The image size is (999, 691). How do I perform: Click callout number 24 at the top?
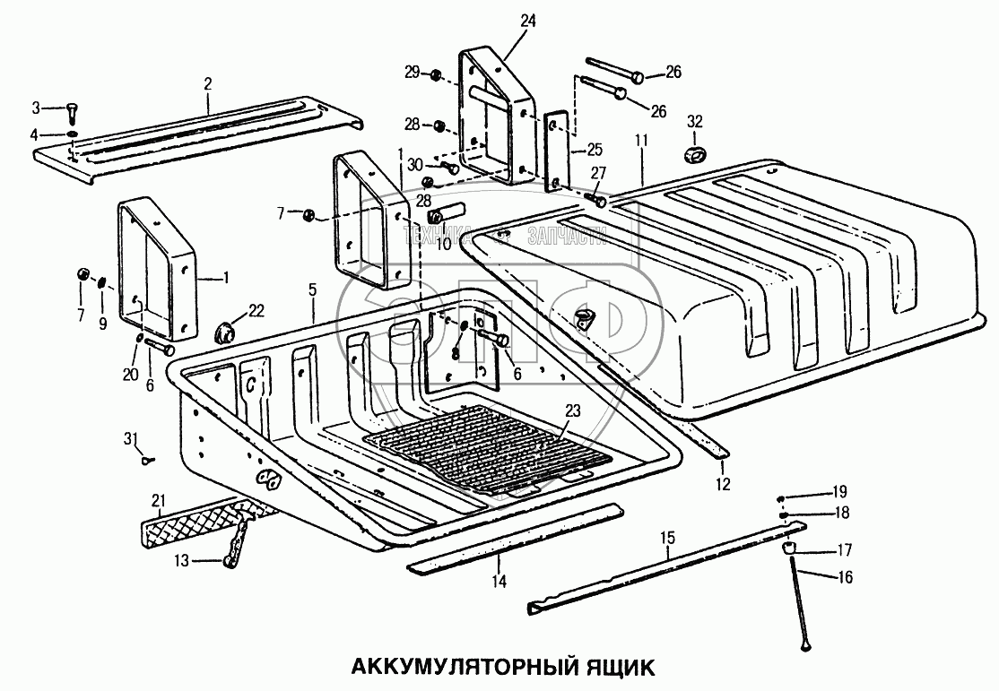click(526, 22)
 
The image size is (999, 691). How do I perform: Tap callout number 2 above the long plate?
click(208, 83)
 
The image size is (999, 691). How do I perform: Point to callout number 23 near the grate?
click(573, 410)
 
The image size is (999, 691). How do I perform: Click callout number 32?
click(695, 122)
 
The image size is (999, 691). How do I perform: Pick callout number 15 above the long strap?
click(667, 537)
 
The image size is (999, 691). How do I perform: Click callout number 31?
click(131, 438)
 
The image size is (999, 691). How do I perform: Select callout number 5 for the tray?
click(312, 289)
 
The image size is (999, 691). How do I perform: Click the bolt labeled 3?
click(71, 115)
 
